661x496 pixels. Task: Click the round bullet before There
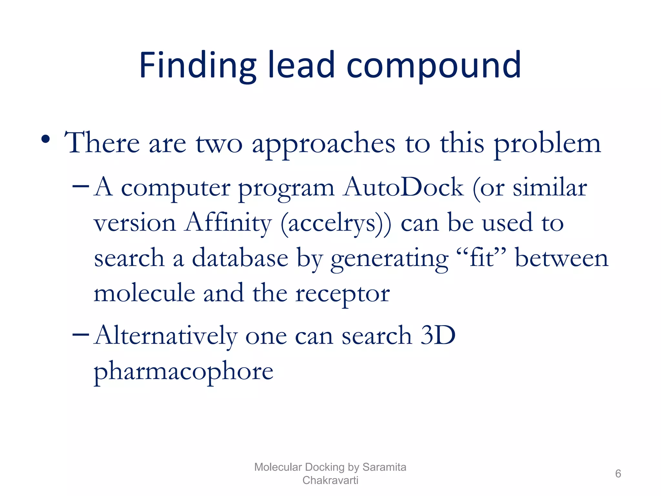pos(46,139)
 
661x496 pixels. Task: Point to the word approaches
pos(323,144)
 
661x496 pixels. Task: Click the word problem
pos(547,144)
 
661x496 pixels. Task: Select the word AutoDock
pos(403,187)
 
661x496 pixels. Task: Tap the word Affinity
pos(228,223)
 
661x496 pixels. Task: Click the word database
pos(240,258)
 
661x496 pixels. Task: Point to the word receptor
pos(343,294)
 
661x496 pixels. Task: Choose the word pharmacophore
pos(184,371)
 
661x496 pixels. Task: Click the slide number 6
pos(618,473)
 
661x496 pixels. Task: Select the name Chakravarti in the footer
pos(330,480)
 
